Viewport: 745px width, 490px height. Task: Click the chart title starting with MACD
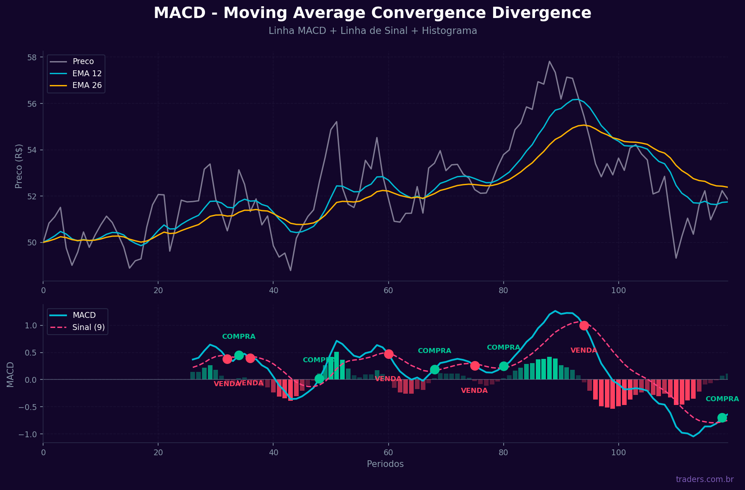pos(372,13)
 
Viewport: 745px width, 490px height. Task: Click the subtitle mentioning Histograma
pos(372,31)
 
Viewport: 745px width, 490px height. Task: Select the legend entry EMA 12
pos(87,74)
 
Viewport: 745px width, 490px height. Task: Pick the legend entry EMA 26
pos(87,85)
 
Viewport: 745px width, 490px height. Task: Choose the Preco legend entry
pos(83,62)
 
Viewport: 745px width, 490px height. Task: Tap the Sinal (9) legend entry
pos(88,327)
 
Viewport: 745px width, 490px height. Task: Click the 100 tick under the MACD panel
pos(618,452)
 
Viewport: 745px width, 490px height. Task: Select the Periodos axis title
pos(385,464)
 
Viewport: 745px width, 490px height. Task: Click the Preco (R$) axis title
pos(19,166)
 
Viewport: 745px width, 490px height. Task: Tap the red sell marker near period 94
pos(584,325)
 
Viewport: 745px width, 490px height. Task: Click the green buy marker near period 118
pos(722,418)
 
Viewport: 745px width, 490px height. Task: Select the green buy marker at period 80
pos(504,366)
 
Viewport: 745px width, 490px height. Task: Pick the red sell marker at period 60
pos(389,354)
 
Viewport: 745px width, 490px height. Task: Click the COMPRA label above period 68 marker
pos(434,351)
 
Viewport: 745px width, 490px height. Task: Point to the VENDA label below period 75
pos(474,391)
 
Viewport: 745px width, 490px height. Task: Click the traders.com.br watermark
pos(704,480)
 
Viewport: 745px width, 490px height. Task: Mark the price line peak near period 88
pos(549,62)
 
